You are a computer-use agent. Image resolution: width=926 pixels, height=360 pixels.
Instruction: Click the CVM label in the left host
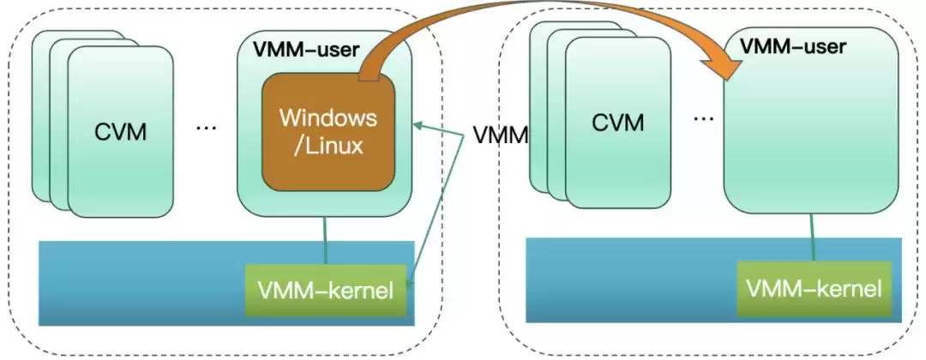pos(120,132)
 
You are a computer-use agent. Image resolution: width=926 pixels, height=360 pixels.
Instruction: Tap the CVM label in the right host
pos(617,122)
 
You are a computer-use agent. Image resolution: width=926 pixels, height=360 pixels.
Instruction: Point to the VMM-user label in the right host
pos(792,46)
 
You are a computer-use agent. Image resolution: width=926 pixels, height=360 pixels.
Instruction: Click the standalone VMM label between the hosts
pos(500,135)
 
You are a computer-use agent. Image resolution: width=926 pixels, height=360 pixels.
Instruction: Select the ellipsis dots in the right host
pos(703,117)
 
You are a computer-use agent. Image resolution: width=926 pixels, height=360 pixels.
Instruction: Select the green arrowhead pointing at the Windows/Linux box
pos(418,126)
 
